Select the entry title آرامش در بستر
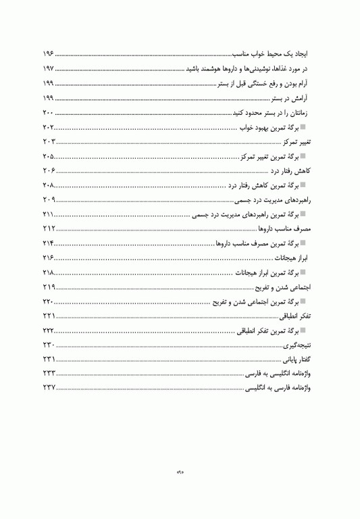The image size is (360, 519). [x=290, y=98]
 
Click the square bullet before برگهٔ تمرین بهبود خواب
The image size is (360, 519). [x=304, y=127]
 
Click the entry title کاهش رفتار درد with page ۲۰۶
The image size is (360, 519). [x=290, y=171]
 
